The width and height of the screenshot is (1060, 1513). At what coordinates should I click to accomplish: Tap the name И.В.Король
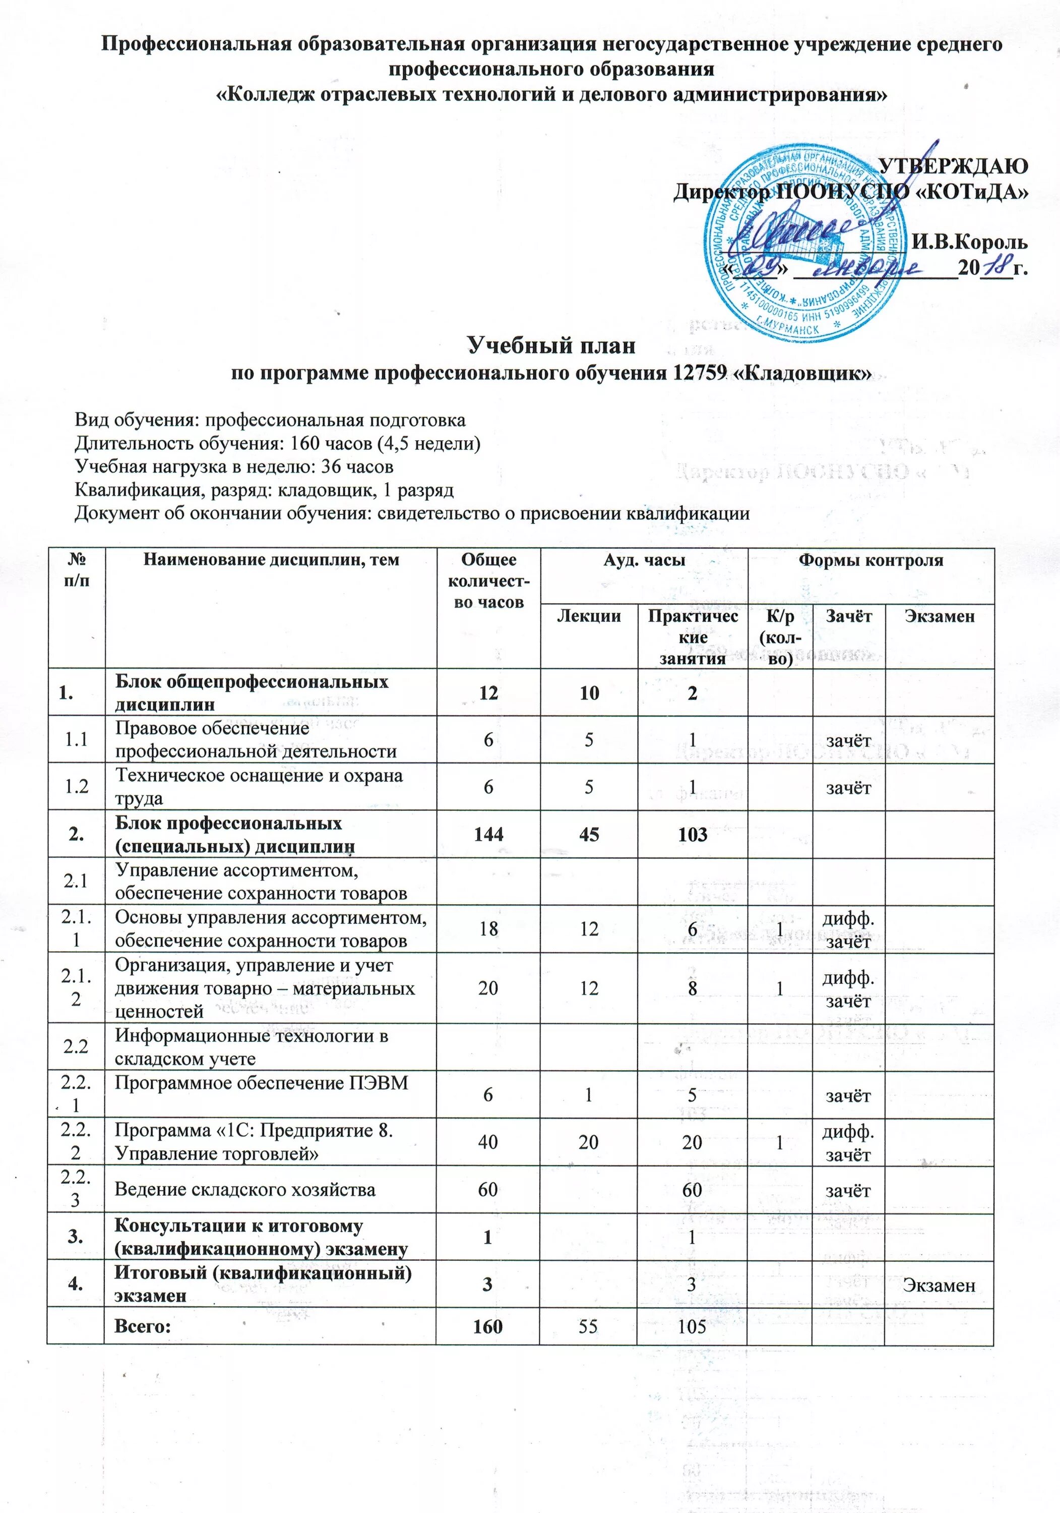[969, 242]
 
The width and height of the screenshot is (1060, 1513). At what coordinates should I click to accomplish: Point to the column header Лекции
[589, 616]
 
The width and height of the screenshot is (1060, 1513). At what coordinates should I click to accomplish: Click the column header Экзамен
[940, 616]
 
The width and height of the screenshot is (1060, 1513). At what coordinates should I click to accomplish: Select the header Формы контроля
[870, 561]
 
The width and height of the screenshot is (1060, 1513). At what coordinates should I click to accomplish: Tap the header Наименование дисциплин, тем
[271, 561]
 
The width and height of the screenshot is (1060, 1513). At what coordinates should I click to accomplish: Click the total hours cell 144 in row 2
[488, 834]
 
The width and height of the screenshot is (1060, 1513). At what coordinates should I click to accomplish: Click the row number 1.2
[77, 787]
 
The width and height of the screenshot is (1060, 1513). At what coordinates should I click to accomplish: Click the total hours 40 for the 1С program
[488, 1142]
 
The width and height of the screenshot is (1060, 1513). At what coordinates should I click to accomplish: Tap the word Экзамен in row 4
[939, 1285]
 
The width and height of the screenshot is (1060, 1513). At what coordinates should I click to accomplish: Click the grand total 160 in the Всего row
[488, 1326]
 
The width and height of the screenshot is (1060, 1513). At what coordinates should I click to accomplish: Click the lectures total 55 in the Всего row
[589, 1326]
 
